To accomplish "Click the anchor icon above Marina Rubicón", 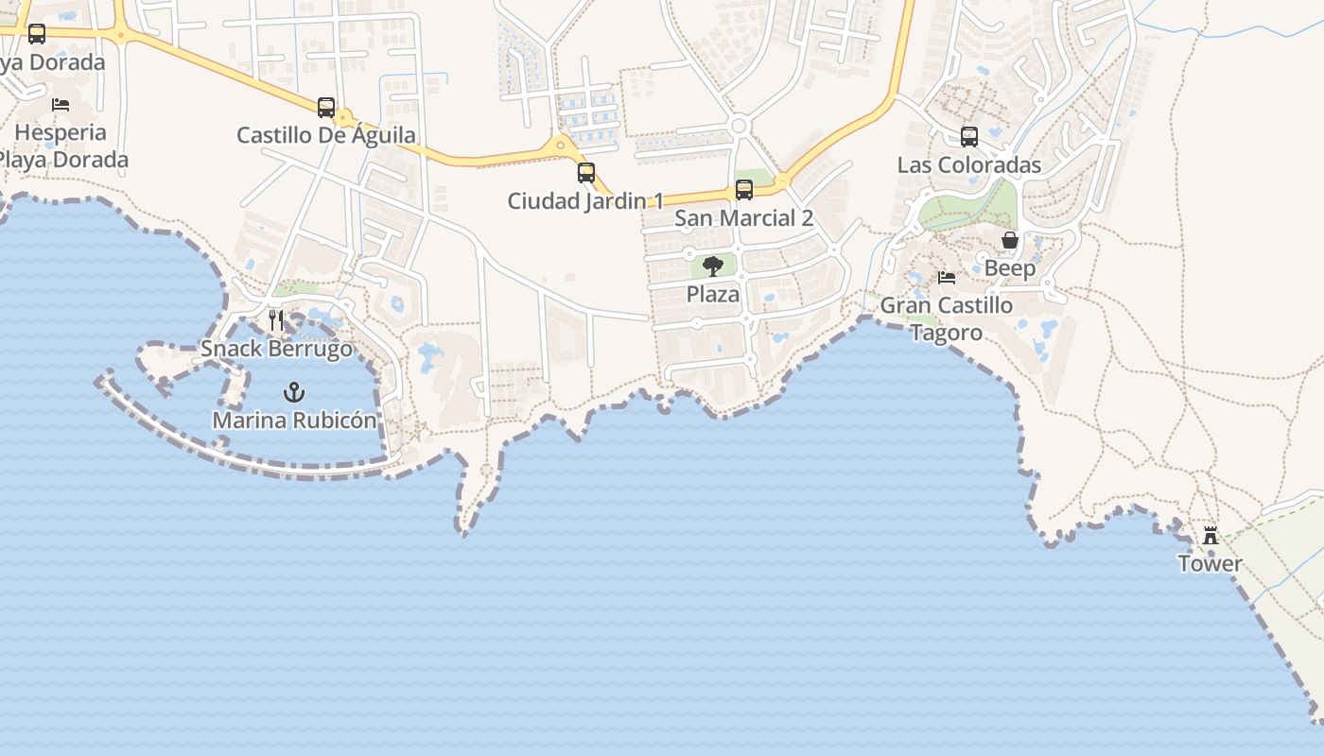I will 294,391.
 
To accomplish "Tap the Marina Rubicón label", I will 294,421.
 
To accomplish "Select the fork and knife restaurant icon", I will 276,320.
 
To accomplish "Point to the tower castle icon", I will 1210,536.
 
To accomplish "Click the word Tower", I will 1210,564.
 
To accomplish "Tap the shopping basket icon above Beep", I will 1010,240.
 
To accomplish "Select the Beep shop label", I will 1010,268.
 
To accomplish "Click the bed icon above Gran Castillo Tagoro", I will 946,278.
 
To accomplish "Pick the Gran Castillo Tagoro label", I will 946,318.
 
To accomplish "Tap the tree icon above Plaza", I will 713,266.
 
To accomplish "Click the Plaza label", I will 713,294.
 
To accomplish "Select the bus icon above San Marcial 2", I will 744,190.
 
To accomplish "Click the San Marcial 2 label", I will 743,218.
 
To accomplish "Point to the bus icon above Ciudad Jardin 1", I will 586,173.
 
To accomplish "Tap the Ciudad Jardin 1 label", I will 585,201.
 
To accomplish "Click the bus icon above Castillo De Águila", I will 326,107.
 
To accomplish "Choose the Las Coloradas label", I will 968,165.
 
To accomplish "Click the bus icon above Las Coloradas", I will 969,137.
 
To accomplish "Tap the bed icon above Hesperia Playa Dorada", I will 61,104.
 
